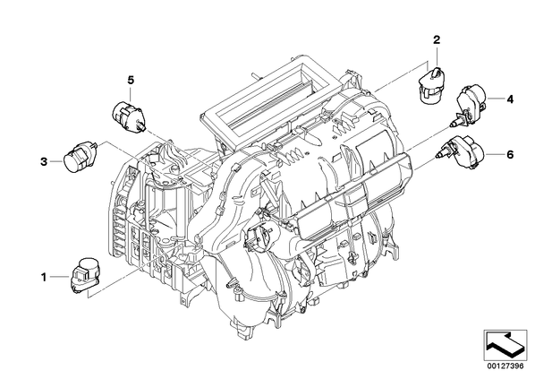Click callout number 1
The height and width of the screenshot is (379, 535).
(x=43, y=277)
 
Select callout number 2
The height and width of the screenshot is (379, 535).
(x=437, y=40)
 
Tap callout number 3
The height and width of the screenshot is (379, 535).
(x=44, y=161)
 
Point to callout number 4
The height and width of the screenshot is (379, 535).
(x=510, y=99)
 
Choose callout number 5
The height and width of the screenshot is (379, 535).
(x=131, y=81)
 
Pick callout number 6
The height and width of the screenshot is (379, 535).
(x=510, y=155)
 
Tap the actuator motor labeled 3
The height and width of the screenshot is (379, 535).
(x=81, y=157)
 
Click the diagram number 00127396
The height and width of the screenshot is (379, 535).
(x=505, y=366)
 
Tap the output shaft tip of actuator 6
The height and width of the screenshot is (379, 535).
(x=437, y=157)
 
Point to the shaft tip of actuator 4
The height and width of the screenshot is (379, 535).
(x=450, y=125)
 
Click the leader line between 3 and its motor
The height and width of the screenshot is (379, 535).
(x=56, y=161)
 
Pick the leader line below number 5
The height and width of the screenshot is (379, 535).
(x=131, y=93)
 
